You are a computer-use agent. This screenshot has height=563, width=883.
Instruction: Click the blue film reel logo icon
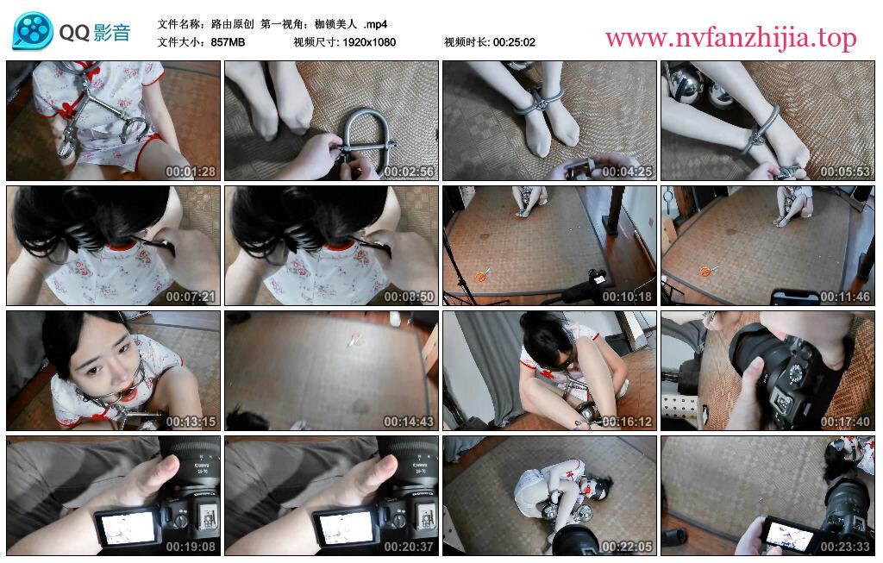point(33,30)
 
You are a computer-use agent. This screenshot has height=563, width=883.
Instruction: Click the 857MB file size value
point(228,42)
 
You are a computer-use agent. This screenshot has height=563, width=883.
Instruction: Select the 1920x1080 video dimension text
point(369,42)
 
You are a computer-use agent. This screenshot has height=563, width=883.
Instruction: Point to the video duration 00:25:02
point(514,42)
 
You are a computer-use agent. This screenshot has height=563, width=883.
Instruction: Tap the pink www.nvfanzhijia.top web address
point(731,38)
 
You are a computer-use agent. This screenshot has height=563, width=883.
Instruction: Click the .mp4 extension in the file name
point(376,24)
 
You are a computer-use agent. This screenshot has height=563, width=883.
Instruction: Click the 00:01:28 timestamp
point(191,172)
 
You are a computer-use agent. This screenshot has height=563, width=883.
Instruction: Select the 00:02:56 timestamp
point(409,172)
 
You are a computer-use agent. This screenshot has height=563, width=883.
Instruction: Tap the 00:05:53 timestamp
point(845,172)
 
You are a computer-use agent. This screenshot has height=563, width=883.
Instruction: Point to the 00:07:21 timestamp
point(191,296)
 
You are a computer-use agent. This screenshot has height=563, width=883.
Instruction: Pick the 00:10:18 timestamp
point(627,296)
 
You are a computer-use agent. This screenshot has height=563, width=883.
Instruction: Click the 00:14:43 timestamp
point(409,421)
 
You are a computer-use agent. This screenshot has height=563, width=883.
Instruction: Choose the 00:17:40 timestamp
point(845,421)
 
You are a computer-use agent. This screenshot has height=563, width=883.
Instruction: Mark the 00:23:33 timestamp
point(845,546)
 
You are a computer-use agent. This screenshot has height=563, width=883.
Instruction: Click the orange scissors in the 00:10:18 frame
point(481,275)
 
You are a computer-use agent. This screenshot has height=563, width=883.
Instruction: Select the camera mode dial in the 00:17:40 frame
point(796,372)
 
